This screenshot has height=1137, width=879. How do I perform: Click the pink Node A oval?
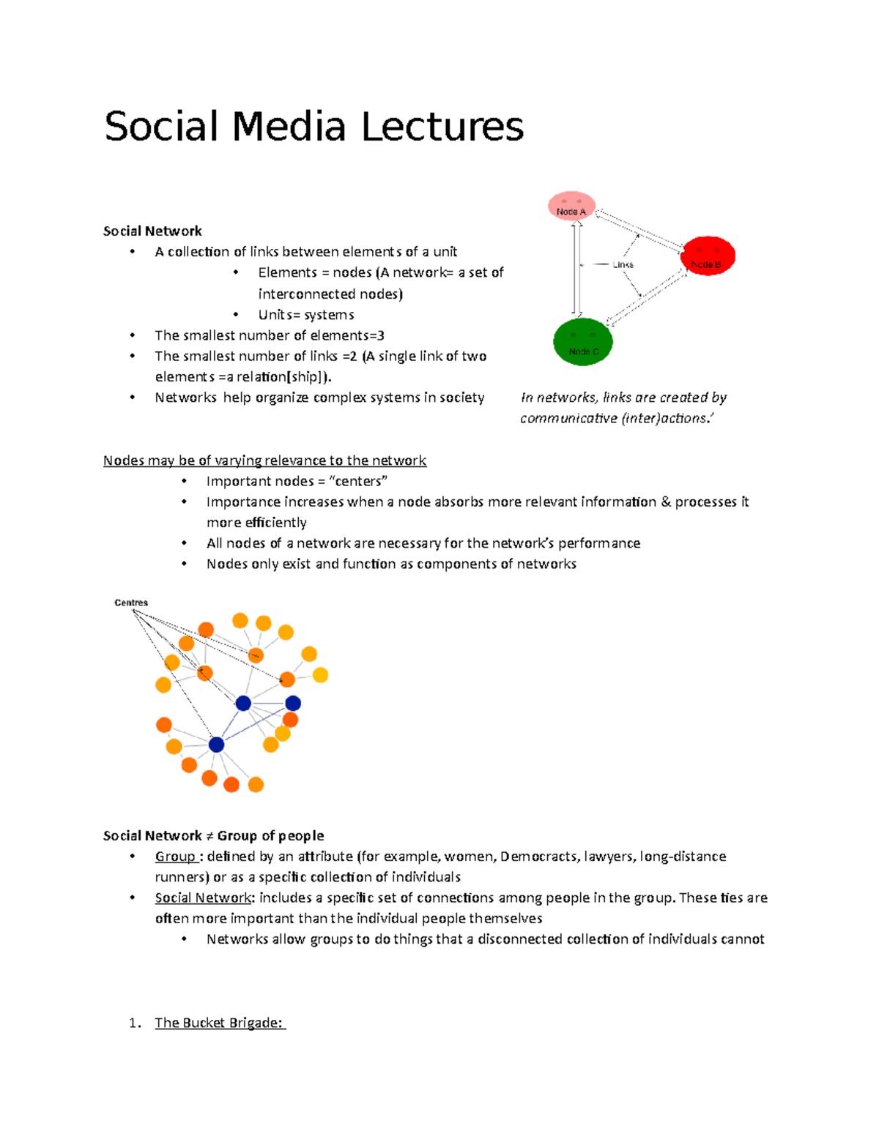coord(571,207)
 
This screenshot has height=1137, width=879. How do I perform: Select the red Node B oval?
coord(707,256)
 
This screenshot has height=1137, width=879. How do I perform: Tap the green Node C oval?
coord(582,342)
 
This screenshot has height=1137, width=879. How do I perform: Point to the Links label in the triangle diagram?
coord(623,264)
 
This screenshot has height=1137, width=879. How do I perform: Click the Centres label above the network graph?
coord(131,603)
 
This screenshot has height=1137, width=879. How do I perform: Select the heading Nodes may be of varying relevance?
coord(264,461)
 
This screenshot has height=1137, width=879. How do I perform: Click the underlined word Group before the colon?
coord(175,857)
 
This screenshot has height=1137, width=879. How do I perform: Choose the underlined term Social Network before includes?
coord(203,898)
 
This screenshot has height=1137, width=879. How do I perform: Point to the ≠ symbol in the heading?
coord(209,836)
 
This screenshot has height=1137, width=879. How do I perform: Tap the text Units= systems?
coord(306,315)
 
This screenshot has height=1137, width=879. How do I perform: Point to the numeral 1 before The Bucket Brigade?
coord(133,1023)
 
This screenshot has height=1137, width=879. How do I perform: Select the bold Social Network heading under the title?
coord(152,231)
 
